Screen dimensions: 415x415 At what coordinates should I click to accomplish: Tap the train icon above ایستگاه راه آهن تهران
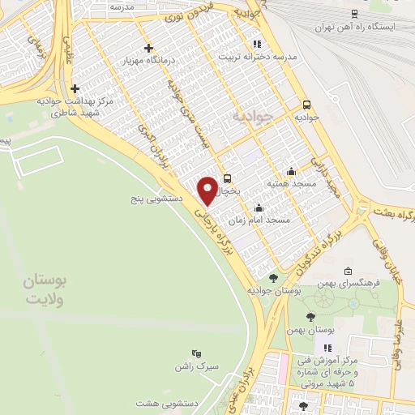pyautogui.click(x=354, y=13)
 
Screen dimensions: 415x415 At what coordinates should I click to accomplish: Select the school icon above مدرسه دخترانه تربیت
pyautogui.click(x=256, y=44)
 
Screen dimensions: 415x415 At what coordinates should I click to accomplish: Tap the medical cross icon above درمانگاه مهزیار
pyautogui.click(x=148, y=48)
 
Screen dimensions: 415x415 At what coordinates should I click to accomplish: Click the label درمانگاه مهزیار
pyautogui.click(x=148, y=61)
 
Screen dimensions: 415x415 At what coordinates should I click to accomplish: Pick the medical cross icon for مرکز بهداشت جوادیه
pyautogui.click(x=75, y=88)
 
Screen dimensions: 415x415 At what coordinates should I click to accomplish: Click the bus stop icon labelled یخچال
pyautogui.click(x=227, y=179)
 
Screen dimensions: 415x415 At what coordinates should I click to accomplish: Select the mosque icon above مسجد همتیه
pyautogui.click(x=291, y=171)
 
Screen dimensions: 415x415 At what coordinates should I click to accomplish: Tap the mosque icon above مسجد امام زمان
pyautogui.click(x=259, y=207)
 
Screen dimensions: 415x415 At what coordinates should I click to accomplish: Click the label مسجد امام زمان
pyautogui.click(x=259, y=220)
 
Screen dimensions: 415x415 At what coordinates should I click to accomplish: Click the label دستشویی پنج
pyautogui.click(x=158, y=198)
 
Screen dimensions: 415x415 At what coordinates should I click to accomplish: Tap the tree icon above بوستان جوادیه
pyautogui.click(x=273, y=278)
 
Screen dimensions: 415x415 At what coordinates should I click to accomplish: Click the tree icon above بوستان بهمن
pyautogui.click(x=311, y=317)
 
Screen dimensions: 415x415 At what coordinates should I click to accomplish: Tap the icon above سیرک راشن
pyautogui.click(x=195, y=353)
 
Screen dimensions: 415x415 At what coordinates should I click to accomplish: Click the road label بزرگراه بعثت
pyautogui.click(x=394, y=215)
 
